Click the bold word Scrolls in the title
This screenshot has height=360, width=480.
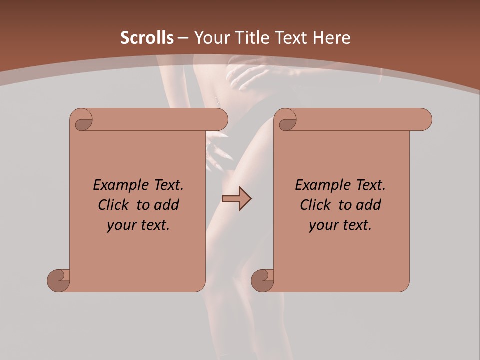pos(147,38)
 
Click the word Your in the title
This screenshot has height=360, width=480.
pos(210,38)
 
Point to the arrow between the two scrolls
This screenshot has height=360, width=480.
pos(236,199)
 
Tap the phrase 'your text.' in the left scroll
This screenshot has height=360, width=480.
pos(138,225)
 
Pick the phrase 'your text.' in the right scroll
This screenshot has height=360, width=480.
pos(340,225)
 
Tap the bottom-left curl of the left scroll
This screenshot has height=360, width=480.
pos(59,280)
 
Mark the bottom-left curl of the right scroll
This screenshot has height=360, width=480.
pos(263,280)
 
